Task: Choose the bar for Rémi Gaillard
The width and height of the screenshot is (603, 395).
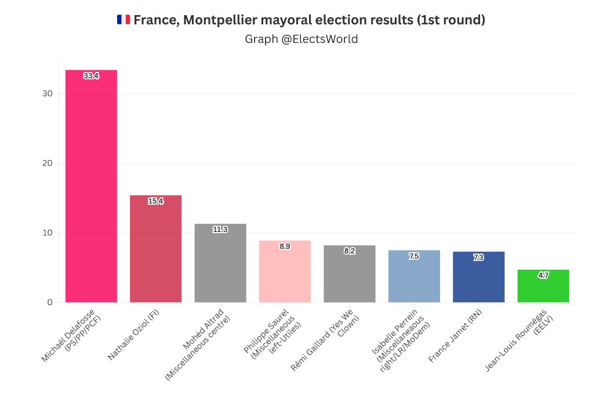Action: [x=350, y=276]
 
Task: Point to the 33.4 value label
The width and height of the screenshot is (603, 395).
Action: [x=91, y=76]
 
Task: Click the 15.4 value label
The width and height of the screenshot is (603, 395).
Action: [x=155, y=201]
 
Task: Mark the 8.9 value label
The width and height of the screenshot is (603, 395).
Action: [x=285, y=247]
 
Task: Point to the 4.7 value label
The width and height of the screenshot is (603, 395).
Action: [x=543, y=276]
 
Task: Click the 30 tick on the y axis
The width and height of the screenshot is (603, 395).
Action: [x=48, y=94]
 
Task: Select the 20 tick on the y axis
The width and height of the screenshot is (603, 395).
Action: [x=48, y=164]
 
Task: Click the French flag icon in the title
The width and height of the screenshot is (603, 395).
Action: [x=123, y=20]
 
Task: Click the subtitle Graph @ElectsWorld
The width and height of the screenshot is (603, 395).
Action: [x=301, y=39]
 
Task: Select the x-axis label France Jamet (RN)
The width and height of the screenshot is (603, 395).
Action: [x=455, y=336]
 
